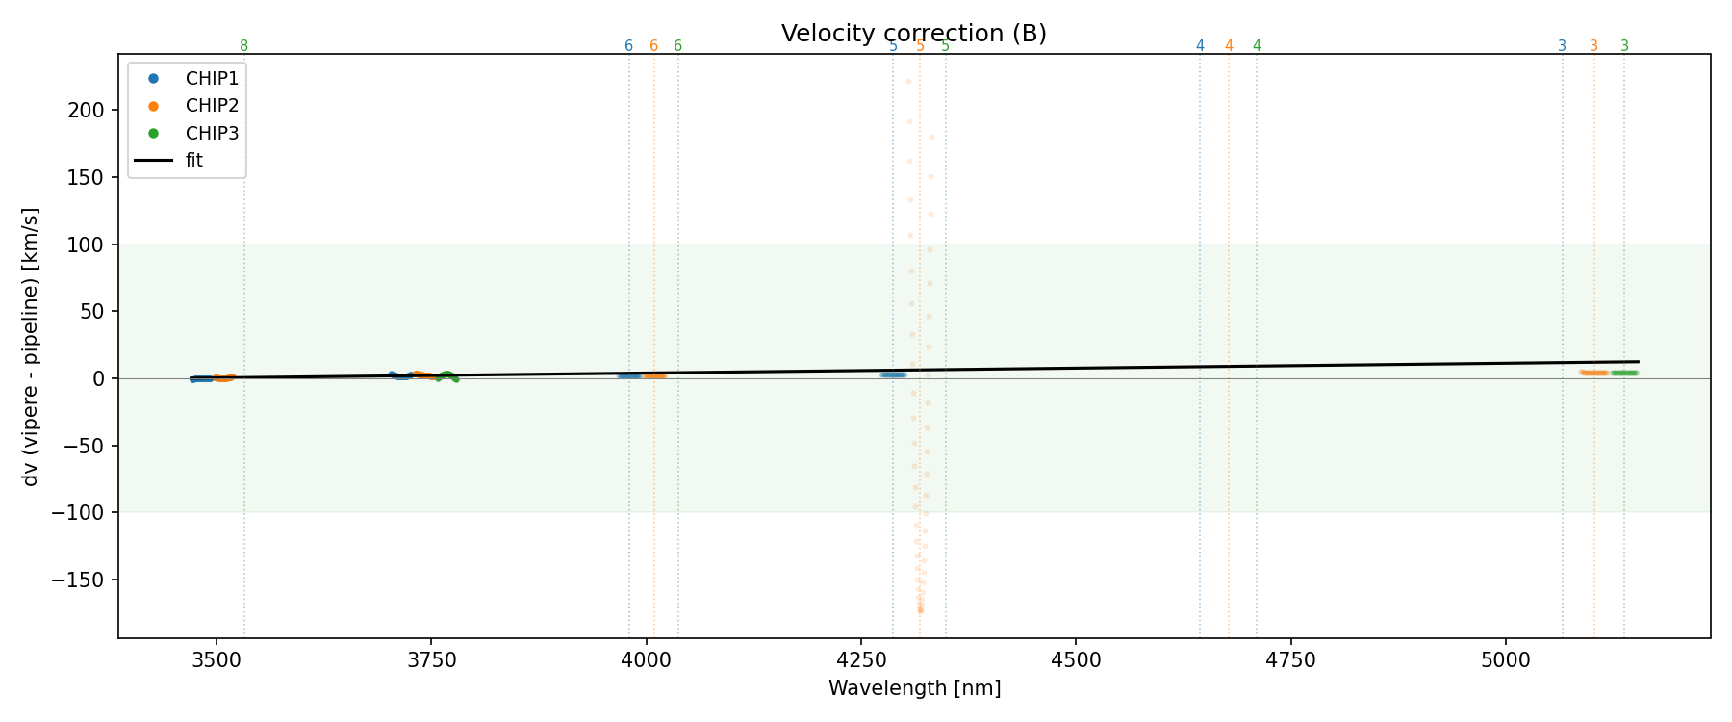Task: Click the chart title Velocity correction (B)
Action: (x=913, y=34)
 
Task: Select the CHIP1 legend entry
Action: (x=212, y=79)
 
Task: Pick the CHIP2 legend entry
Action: (x=212, y=106)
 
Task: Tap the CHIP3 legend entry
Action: (x=212, y=133)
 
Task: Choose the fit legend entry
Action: (x=194, y=160)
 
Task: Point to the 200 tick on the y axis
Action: (x=87, y=110)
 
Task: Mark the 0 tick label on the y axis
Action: (x=98, y=378)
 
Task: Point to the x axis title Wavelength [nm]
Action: (x=914, y=688)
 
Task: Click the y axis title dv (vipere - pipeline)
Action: (x=31, y=347)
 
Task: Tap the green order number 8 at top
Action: (x=243, y=46)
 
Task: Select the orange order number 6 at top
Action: (x=653, y=46)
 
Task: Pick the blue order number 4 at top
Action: (x=1200, y=46)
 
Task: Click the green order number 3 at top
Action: (x=1624, y=46)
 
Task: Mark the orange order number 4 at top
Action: (x=1229, y=46)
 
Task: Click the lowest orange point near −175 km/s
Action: (x=920, y=610)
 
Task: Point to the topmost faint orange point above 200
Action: (x=908, y=81)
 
